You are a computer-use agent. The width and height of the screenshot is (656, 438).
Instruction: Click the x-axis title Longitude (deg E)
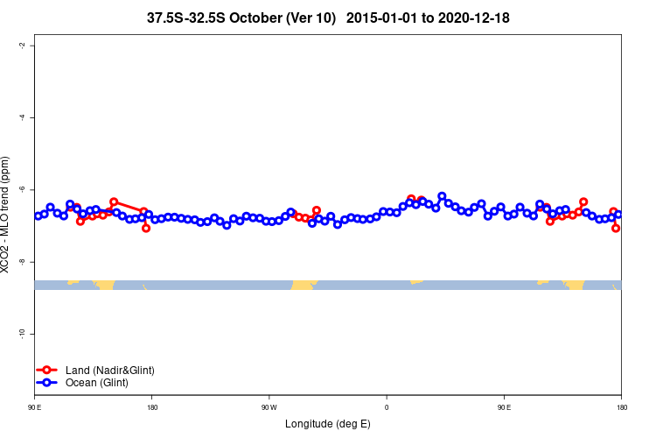327,424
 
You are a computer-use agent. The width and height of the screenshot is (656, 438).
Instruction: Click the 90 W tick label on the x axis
269,406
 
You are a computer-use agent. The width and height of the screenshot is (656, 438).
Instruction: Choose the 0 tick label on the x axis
387,406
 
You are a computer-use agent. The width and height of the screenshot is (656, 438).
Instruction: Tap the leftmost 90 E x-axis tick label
34,406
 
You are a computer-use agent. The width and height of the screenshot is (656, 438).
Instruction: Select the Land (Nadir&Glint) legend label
109,370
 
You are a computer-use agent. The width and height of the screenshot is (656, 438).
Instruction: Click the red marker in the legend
47,370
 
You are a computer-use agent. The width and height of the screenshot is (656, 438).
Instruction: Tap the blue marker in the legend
47,383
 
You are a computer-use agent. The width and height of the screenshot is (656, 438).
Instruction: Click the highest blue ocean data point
442,196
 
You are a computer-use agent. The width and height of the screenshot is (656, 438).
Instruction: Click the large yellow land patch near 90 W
304,285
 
